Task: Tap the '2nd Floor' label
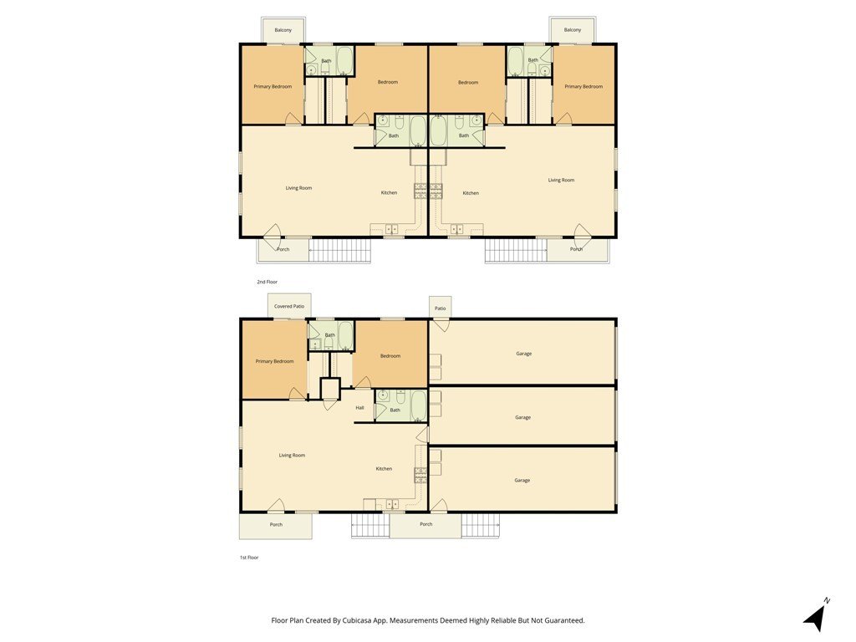(267, 282)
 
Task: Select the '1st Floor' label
(249, 558)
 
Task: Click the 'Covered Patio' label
(289, 306)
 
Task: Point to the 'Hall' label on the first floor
(359, 408)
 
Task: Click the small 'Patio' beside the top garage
(440, 308)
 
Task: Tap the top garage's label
(523, 354)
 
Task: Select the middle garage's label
(522, 418)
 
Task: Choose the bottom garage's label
(522, 481)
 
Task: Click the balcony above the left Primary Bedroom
(283, 30)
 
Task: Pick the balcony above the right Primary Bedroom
(572, 30)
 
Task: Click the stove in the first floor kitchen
(421, 475)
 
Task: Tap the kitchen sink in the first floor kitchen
(391, 504)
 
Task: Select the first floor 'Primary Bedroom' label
(274, 361)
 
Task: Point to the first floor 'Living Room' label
(292, 456)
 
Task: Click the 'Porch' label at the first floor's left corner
(276, 525)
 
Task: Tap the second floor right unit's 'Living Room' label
(561, 181)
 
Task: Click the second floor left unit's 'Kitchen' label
(389, 193)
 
